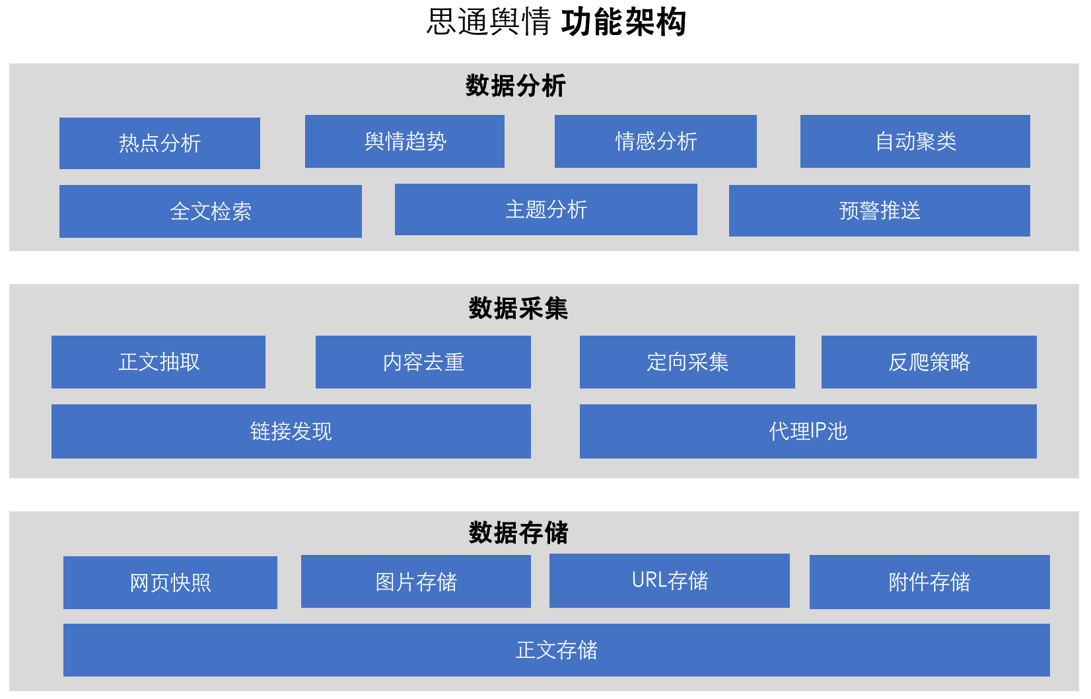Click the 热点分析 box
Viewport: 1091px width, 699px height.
pyautogui.click(x=159, y=143)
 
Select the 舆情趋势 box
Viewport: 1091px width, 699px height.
pyautogui.click(x=404, y=141)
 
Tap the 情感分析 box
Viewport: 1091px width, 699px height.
pyautogui.click(x=655, y=141)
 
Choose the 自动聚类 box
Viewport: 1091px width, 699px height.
pyautogui.click(x=915, y=141)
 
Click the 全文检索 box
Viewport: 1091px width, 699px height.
pyautogui.click(x=210, y=211)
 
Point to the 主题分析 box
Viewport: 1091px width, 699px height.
pyautogui.click(x=545, y=209)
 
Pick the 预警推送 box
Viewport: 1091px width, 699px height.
pyautogui.click(x=879, y=211)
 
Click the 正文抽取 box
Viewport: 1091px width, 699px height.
pyautogui.click(x=158, y=362)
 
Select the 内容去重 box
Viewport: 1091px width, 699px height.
pyautogui.click(x=423, y=362)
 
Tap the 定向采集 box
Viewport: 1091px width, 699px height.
pyautogui.click(x=687, y=362)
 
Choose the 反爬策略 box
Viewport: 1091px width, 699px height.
pyautogui.click(x=929, y=362)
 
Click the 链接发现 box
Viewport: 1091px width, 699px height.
pyautogui.click(x=291, y=431)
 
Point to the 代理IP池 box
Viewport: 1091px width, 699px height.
pyautogui.click(x=808, y=431)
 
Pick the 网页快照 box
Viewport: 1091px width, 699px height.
pyautogui.click(x=170, y=583)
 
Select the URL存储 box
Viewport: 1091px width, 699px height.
pyautogui.click(x=669, y=581)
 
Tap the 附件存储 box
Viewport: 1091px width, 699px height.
pyautogui.click(x=929, y=582)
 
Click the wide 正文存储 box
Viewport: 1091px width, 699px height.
pyautogui.click(x=556, y=650)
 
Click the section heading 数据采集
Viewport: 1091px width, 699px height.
pyautogui.click(x=518, y=309)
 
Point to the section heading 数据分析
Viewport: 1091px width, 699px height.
pyautogui.click(x=515, y=86)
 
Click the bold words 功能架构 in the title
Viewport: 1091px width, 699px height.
pyautogui.click(x=623, y=22)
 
